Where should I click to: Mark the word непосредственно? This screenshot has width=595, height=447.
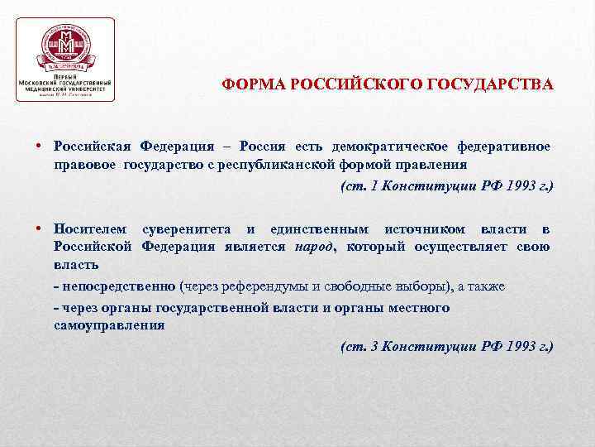(117, 286)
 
